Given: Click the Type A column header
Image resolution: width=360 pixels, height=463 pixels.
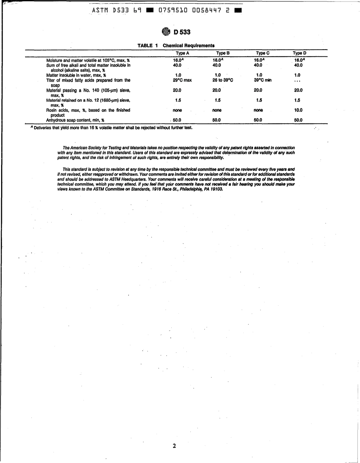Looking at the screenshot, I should [180, 53].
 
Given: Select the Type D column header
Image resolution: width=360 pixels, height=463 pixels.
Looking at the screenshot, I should [299, 53].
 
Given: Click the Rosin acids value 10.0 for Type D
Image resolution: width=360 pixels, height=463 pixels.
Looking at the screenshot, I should [298, 110].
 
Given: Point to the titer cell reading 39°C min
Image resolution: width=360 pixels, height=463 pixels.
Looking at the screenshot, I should [263, 80].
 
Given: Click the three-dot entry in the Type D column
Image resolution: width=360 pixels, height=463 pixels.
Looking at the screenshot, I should [298, 81].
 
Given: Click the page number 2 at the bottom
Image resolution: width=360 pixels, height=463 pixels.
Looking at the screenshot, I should [174, 446].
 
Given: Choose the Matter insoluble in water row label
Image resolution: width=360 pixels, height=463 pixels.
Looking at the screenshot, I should [76, 75].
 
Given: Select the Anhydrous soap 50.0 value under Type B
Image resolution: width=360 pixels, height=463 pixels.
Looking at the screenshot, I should [217, 120].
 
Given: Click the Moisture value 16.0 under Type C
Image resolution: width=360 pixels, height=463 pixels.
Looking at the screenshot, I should [258, 60].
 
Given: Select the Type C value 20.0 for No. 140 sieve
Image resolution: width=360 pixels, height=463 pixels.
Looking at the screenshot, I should [258, 90].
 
